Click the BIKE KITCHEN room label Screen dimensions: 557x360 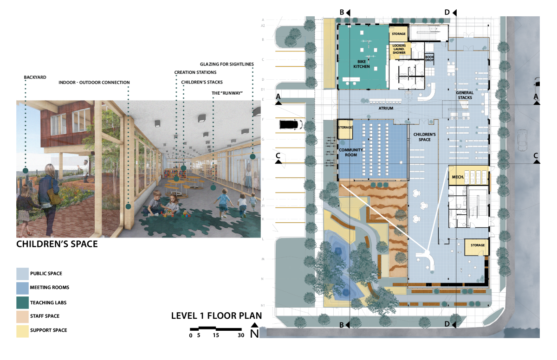tap(362, 64)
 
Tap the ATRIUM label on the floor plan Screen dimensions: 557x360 tap(386, 108)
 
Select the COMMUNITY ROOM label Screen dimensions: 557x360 tap(351, 152)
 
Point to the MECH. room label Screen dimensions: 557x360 tap(458, 177)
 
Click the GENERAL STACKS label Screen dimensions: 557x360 tap(465, 95)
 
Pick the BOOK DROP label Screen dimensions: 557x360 tap(429, 58)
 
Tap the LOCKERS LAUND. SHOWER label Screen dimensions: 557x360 tap(399, 49)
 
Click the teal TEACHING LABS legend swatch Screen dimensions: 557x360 tap(23, 302)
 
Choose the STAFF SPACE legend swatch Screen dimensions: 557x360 tap(23, 317)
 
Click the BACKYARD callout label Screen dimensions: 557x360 tap(35, 77)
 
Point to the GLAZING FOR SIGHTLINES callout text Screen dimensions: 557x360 tap(227, 64)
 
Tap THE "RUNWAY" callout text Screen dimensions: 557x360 tap(227, 93)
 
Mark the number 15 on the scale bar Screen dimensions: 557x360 tap(216, 335)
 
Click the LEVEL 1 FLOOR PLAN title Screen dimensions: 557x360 tap(216, 315)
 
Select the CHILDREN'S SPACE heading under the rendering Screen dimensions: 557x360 tap(57, 244)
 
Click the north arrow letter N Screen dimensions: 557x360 tap(255, 334)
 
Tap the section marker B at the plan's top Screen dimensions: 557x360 tap(342, 12)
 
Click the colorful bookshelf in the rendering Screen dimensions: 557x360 tap(175, 173)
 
